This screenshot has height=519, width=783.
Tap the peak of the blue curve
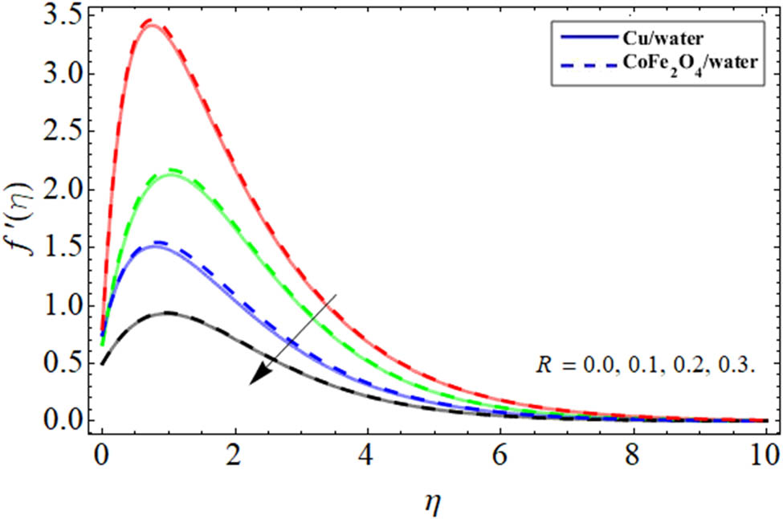pyautogui.click(x=159, y=244)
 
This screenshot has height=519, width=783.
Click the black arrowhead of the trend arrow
pyautogui.click(x=259, y=375)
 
